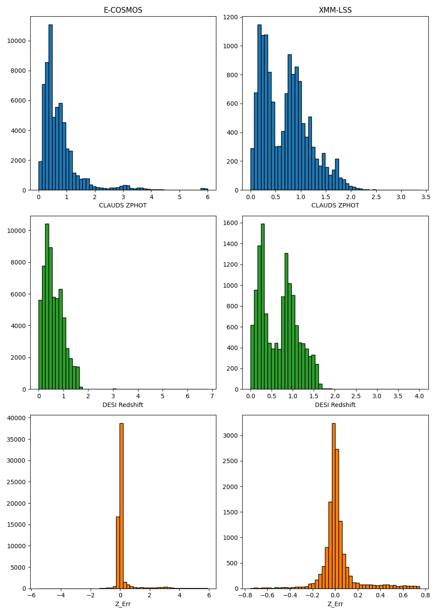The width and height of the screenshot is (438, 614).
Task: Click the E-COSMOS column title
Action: pyautogui.click(x=123, y=10)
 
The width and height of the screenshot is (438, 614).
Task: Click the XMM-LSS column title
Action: pyautogui.click(x=335, y=10)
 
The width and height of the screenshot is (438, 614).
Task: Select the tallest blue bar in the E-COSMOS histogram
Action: pyautogui.click(x=50, y=107)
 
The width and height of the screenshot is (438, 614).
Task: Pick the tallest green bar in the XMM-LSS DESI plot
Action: pyautogui.click(x=263, y=307)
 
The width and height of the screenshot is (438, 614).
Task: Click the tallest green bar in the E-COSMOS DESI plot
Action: pyautogui.click(x=47, y=307)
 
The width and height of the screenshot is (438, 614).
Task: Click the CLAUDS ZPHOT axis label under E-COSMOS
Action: pyautogui.click(x=123, y=205)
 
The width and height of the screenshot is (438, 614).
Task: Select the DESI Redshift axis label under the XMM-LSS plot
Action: pyautogui.click(x=335, y=405)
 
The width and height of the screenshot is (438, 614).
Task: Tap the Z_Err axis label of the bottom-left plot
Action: pyautogui.click(x=123, y=604)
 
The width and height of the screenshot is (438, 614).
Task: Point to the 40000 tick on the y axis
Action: pyautogui.click(x=18, y=418)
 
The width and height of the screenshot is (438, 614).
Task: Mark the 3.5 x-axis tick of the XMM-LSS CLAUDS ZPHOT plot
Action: pyautogui.click(x=426, y=197)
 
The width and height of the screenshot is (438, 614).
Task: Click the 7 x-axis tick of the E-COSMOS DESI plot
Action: pyautogui.click(x=212, y=396)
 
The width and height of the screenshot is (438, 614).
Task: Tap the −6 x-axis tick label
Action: pyautogui.click(x=32, y=595)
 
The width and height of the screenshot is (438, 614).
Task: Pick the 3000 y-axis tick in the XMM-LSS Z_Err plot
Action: pyautogui.click(x=233, y=436)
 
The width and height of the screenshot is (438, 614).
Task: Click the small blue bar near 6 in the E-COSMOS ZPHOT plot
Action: pyautogui.click(x=203, y=189)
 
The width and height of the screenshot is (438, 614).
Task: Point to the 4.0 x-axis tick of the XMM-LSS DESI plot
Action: pyautogui.click(x=419, y=396)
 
